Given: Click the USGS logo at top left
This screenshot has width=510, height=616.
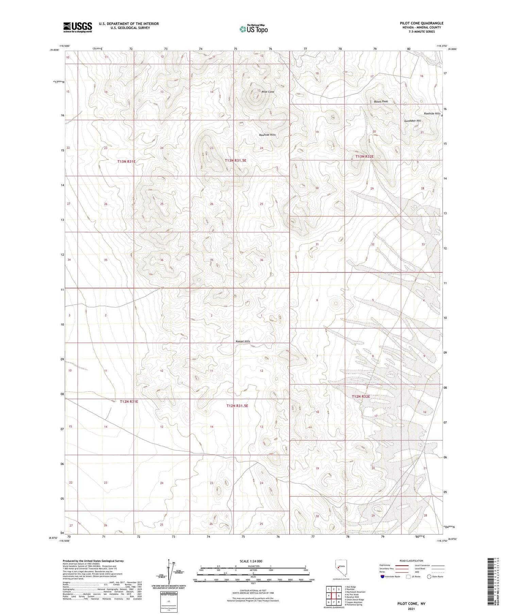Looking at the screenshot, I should coord(78,27).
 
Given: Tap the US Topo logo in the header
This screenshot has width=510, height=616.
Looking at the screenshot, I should coord(253,29).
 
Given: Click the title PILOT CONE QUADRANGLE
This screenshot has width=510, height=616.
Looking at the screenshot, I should coord(421,23).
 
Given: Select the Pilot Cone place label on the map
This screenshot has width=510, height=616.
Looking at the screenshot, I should coord(268,92).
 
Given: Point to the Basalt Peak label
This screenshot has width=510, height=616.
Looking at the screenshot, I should coord(380,101).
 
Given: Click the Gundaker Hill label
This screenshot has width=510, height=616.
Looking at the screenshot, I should coord(412,121).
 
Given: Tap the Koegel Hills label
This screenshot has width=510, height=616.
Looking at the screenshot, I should coord(243,341).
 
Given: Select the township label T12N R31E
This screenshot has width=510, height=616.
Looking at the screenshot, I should coord(129,401).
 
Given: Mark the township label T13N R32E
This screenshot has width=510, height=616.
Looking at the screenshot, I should coord(364,156).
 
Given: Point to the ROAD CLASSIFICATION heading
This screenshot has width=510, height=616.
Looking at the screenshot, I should coord(411,561).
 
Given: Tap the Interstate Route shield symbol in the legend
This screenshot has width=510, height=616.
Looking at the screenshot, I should coord(382,577).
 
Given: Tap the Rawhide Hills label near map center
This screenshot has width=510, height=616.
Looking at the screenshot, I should coord(267,135).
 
